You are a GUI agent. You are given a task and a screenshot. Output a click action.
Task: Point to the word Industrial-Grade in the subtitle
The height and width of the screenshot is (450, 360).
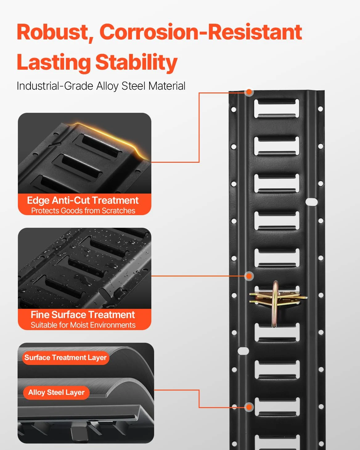pos(55,86)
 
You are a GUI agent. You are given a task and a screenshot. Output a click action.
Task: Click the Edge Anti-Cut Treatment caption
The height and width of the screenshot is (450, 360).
pos(83,200)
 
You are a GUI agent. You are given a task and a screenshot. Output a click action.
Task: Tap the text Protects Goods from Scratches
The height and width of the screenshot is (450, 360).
pos(83,211)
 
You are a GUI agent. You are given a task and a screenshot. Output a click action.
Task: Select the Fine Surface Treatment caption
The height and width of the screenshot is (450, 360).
pos(83,315)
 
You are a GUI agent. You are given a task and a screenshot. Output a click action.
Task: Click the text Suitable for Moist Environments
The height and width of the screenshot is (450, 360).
pos(83,325)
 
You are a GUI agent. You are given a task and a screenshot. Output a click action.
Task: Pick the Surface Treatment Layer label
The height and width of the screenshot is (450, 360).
pos(65,358)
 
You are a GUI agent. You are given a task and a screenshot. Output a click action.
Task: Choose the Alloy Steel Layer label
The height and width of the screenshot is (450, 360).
pos(56,392)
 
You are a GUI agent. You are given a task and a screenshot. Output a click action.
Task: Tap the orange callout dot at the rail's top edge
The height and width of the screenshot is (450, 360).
pos(249,92)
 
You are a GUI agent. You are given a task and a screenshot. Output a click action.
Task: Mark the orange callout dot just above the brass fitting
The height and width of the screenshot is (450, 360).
pos(249,276)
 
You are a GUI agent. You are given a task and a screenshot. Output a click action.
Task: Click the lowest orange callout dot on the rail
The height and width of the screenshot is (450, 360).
pos(249,407)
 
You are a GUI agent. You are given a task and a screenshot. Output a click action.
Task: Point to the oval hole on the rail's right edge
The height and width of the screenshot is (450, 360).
pos(312,202)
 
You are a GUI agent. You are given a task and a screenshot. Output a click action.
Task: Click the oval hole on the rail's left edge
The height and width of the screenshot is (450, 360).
pos(243,351)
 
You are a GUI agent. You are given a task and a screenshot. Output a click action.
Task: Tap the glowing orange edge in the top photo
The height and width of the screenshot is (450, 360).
pos(109,138)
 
